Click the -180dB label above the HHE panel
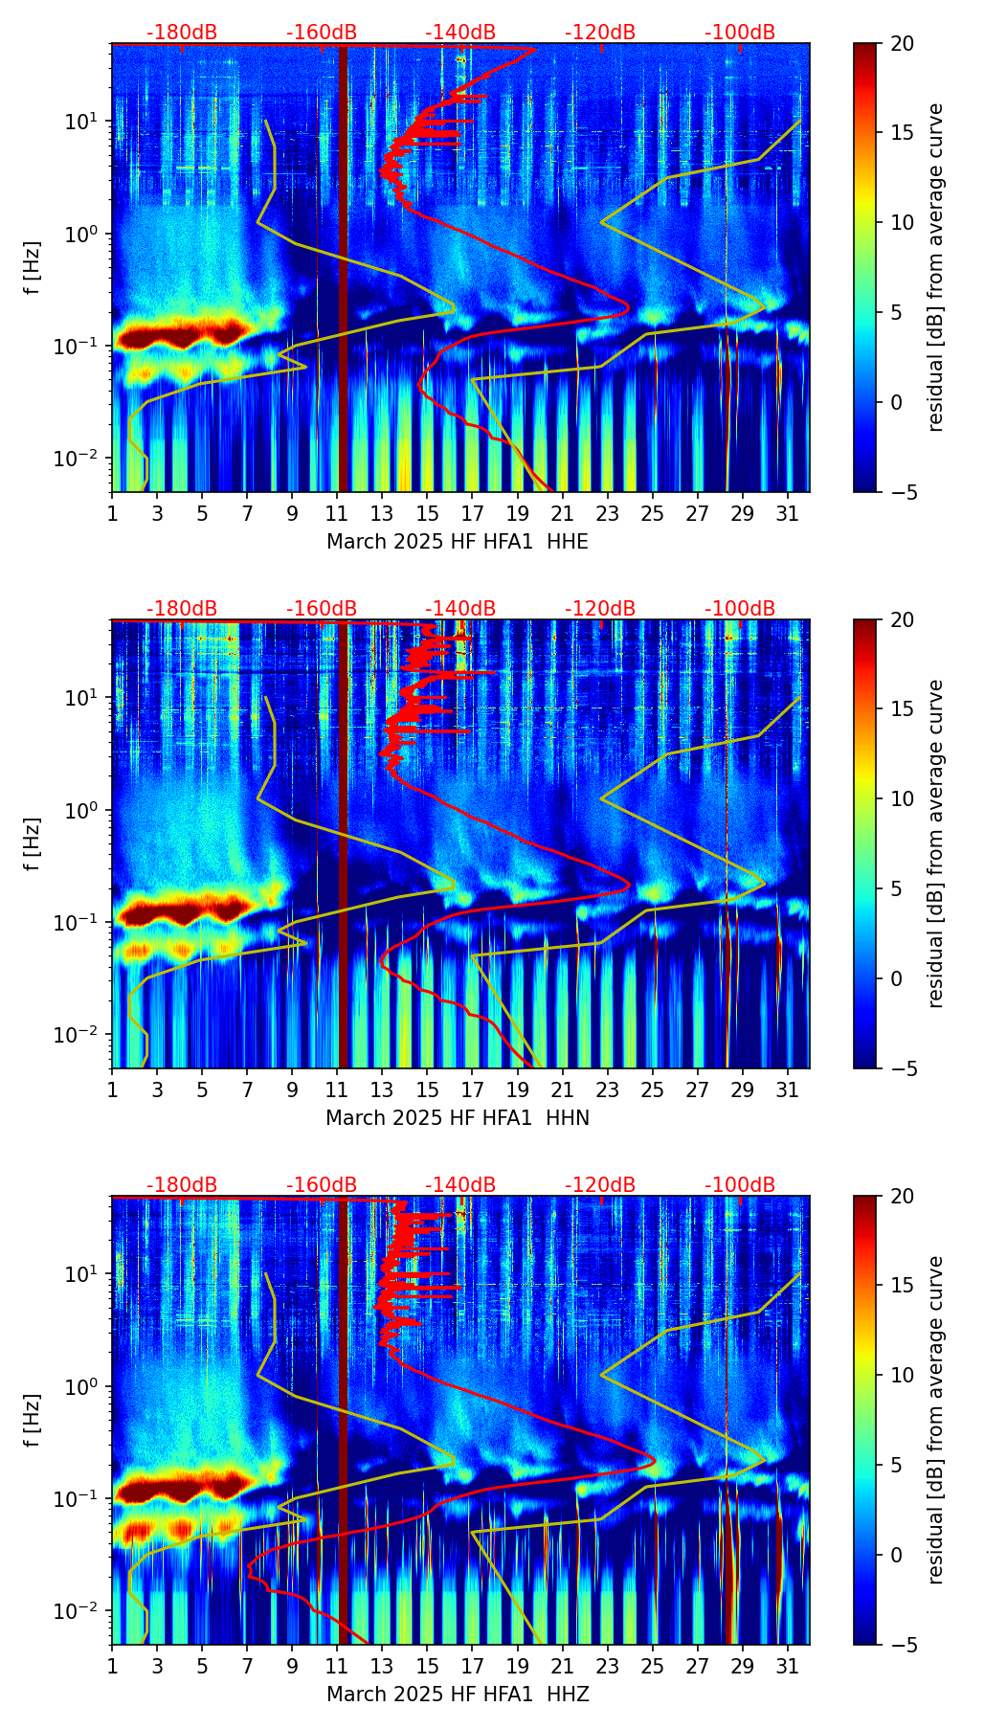coord(182,33)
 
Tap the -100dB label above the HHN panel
coord(740,609)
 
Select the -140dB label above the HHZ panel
coord(460,1185)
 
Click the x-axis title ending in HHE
coord(458,542)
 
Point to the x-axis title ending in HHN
coord(458,1118)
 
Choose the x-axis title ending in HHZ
coord(458,1695)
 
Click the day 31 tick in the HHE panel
coord(787,513)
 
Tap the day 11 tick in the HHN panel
coord(337,1089)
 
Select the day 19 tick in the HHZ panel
coord(517,1666)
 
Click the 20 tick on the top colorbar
coord(902,44)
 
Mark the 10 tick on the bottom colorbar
coord(902,1375)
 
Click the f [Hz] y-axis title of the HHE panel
coord(33,268)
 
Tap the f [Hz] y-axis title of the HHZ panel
coord(33,1421)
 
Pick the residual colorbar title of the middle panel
coord(935,843)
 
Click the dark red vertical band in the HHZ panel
coord(344,1417)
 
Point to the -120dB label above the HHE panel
coord(600,33)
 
